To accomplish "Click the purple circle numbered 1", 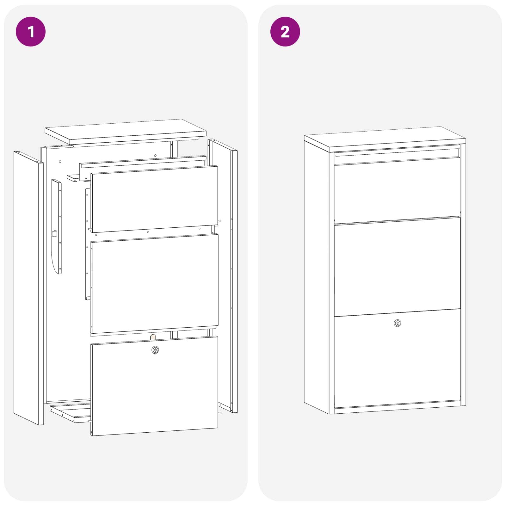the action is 31,32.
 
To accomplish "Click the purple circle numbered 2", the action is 285,32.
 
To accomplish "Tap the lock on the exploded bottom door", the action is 155,350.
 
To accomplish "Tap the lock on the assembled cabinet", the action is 398,323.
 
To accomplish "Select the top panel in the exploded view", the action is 126,131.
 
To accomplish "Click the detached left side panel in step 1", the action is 28,288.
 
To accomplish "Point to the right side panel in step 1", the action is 223,275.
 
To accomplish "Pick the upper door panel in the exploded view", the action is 154,199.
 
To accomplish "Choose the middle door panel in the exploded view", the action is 154,283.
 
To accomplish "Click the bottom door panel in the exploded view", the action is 154,386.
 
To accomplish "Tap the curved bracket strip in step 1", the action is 57,226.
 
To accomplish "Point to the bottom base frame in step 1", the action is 70,412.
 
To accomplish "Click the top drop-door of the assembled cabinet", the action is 397,190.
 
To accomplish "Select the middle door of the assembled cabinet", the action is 397,267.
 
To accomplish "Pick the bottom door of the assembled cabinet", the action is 397,359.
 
